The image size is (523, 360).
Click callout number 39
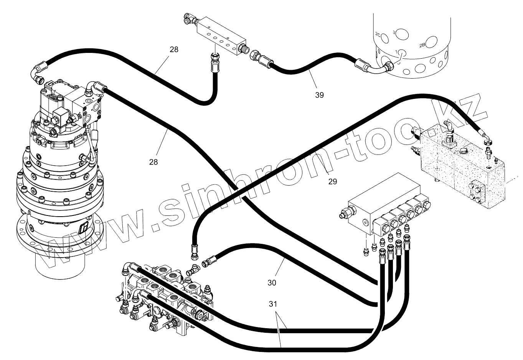(319, 95)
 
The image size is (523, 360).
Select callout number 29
(333, 181)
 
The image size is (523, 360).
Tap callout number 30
(272, 283)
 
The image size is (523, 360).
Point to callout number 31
(273, 304)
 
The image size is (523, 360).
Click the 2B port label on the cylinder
(422, 45)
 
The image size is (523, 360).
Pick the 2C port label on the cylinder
(378, 35)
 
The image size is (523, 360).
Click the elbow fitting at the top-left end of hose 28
(38, 72)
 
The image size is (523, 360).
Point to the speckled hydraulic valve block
(460, 165)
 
